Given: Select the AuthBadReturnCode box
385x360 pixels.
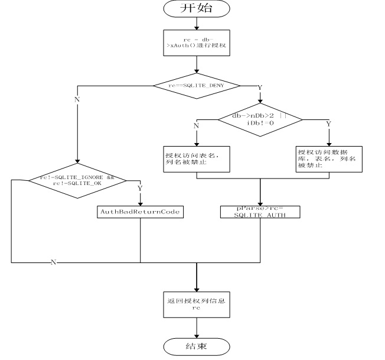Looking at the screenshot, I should pos(140,211).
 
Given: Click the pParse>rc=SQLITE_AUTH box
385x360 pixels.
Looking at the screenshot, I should pos(260,212).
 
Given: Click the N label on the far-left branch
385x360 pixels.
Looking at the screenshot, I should pos(77,100).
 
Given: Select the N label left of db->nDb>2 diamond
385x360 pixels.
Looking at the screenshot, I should pos(196,125).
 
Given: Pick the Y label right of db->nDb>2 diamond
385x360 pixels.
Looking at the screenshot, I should pos(328,125).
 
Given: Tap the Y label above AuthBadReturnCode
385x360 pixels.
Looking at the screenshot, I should pos(140,189).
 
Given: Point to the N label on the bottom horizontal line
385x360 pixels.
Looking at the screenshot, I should pos(53,262).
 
